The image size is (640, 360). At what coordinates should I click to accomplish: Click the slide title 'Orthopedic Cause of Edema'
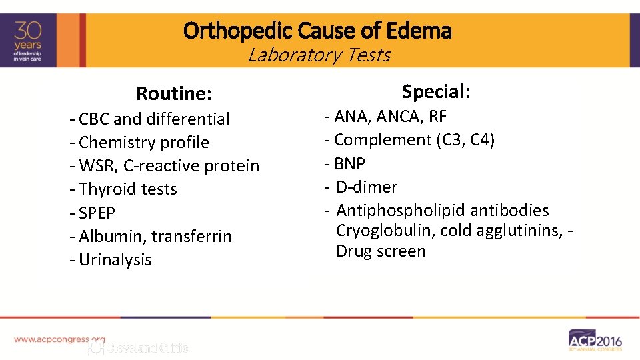(317, 31)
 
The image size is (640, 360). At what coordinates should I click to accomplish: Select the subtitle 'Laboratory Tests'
(319, 55)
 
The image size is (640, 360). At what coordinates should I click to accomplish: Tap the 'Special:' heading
(436, 91)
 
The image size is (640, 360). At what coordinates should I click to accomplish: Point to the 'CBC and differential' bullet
(153, 119)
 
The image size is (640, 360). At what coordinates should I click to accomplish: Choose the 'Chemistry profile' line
(143, 143)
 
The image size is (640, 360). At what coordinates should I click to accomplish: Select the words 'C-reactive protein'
(191, 166)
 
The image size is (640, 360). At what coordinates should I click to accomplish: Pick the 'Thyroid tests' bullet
(127, 189)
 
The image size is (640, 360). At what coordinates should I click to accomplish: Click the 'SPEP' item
(97, 213)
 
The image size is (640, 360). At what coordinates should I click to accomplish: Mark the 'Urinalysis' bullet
(115, 260)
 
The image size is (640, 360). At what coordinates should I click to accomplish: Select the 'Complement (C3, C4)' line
(413, 140)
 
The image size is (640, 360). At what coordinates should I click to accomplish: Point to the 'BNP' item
(349, 163)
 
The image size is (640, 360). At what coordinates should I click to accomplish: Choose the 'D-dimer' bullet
(366, 187)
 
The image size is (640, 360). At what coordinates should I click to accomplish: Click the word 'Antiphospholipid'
(401, 211)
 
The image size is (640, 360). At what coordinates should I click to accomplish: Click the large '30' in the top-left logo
(31, 31)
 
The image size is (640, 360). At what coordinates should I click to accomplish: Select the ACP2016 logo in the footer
(595, 339)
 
